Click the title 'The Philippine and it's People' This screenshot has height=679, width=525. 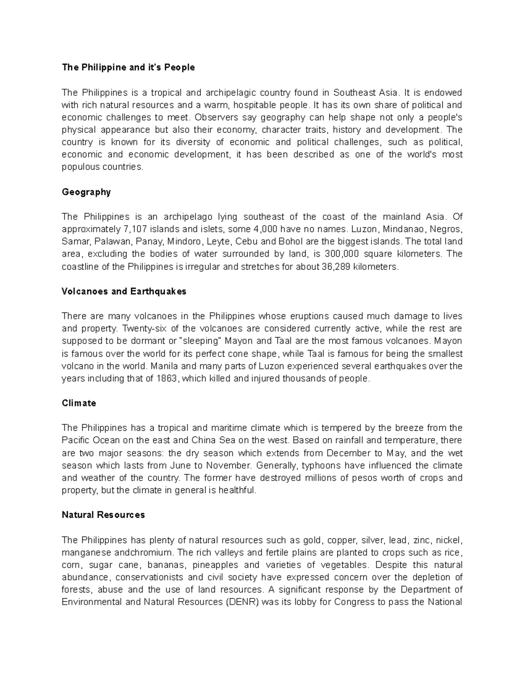(128, 67)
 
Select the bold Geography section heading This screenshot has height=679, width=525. (86, 192)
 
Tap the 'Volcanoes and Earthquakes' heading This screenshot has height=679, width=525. (124, 291)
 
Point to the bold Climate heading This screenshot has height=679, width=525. (79, 403)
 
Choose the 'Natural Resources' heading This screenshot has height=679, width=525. (103, 515)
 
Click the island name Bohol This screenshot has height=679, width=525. (302, 242)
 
